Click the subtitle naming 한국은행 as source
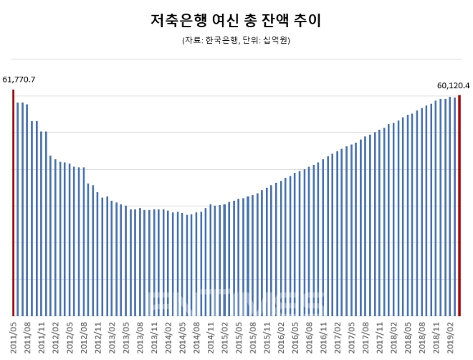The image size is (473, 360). pyautogui.click(x=236, y=41)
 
